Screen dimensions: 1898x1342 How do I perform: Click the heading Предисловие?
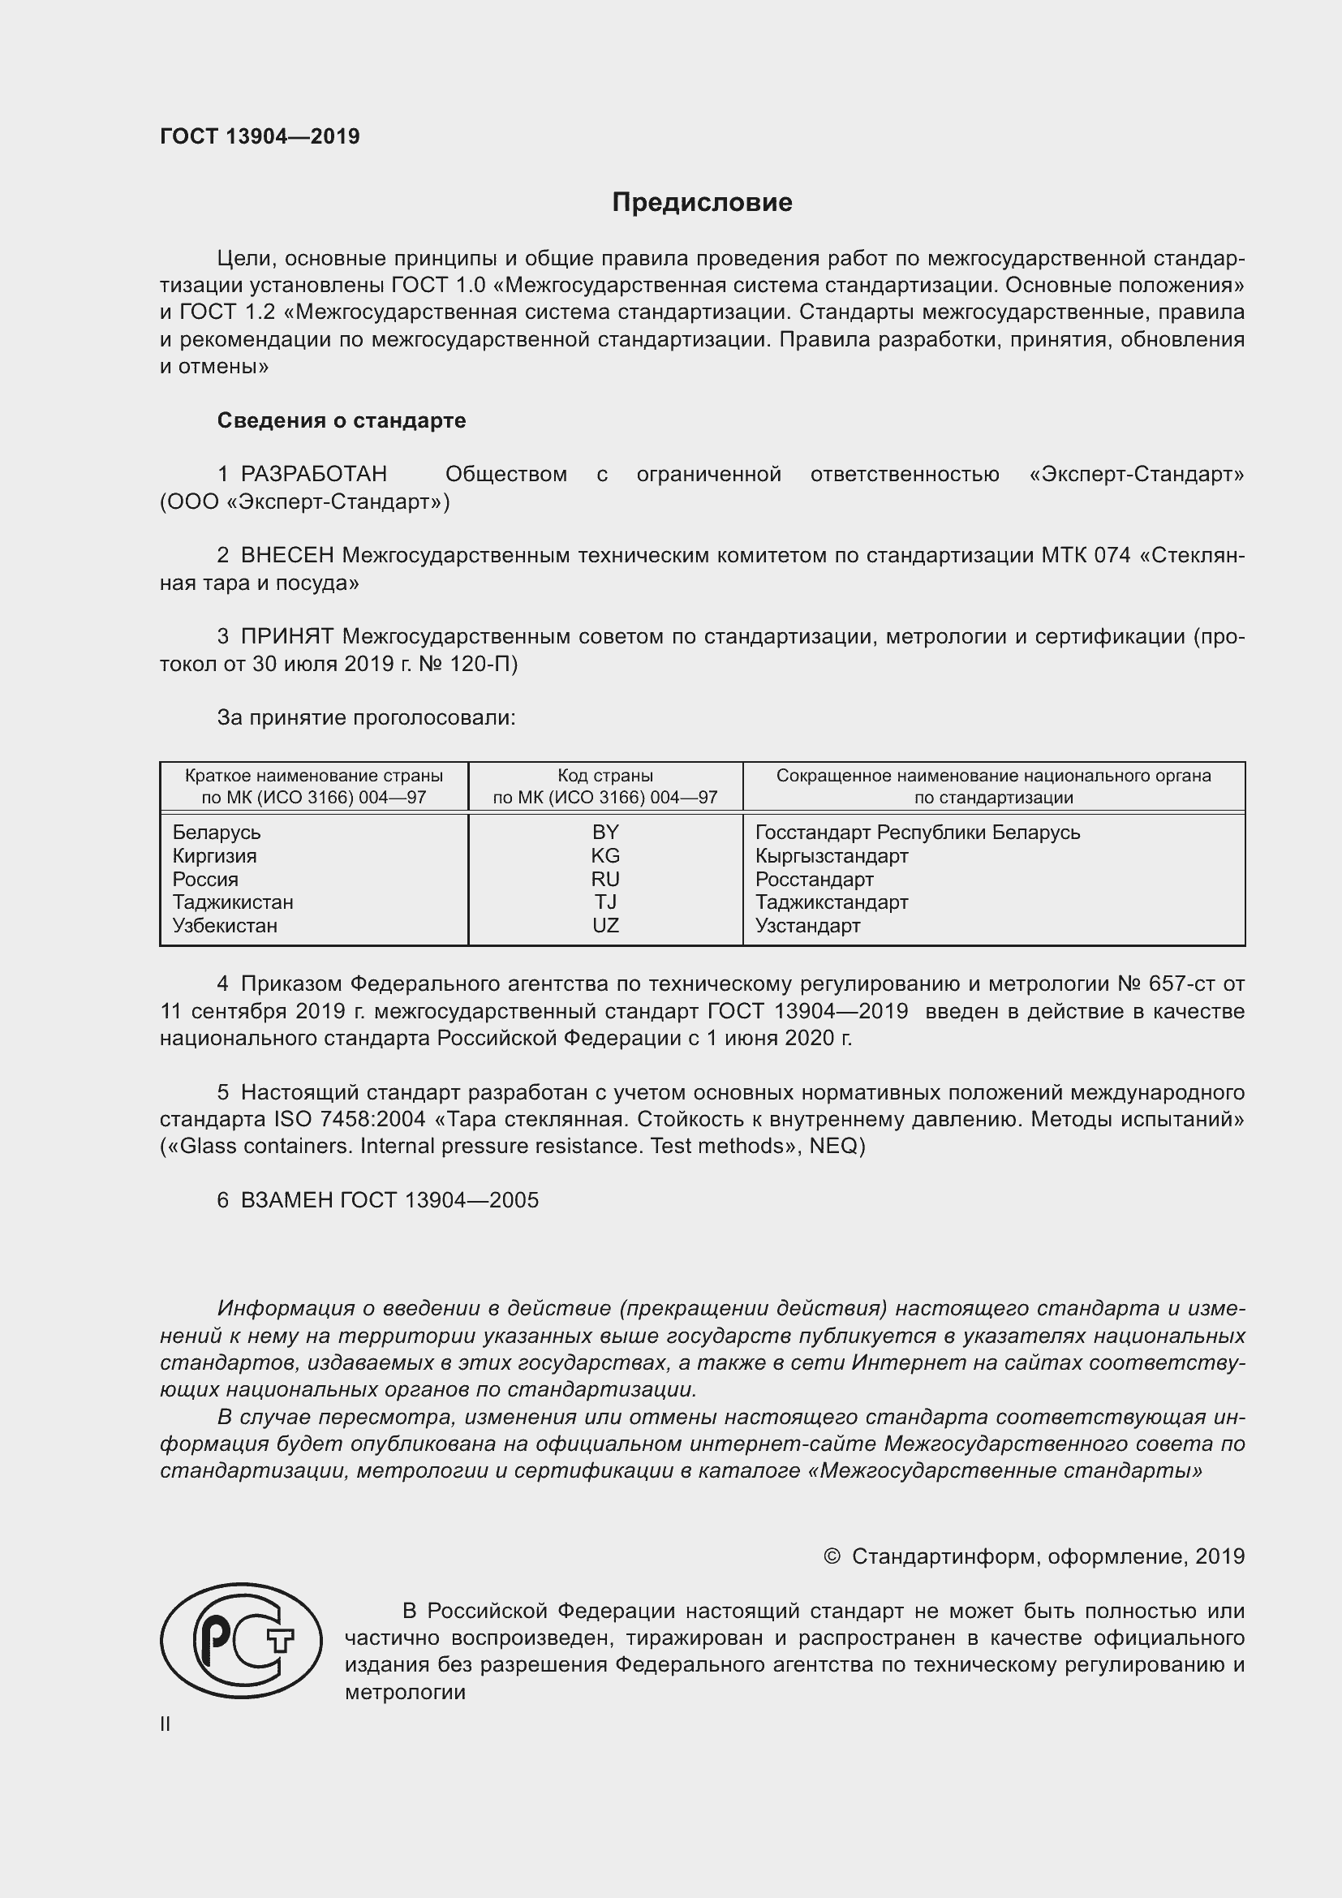(702, 203)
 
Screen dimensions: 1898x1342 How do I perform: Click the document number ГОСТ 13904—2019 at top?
(260, 136)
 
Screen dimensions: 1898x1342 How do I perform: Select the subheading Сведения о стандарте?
(342, 421)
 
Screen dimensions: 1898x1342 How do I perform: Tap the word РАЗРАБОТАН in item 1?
(313, 475)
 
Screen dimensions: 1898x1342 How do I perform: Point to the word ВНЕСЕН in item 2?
(286, 556)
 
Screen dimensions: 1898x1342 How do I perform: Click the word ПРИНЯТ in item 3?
(286, 636)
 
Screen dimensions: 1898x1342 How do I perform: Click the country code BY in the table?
(605, 833)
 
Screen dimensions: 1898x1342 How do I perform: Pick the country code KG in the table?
(605, 855)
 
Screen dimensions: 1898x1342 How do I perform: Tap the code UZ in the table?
(605, 926)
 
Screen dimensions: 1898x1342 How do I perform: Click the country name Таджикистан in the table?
(233, 902)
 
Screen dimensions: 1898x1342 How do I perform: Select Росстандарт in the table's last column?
(814, 880)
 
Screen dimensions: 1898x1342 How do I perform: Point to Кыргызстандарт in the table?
(832, 855)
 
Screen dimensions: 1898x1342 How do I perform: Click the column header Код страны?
(605, 776)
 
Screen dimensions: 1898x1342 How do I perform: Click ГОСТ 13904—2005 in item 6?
(439, 1200)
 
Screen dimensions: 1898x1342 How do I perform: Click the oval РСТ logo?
(240, 1641)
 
